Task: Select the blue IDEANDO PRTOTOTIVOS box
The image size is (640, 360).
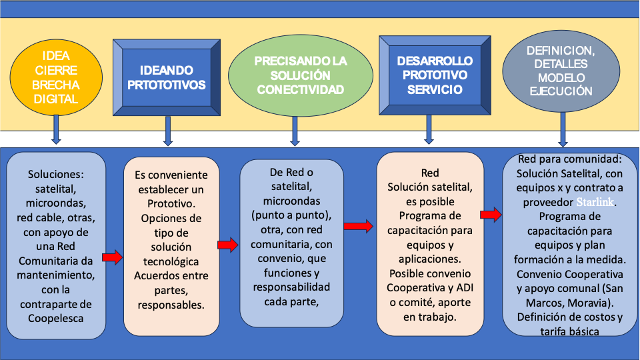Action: click(167, 77)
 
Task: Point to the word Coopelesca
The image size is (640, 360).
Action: click(56, 318)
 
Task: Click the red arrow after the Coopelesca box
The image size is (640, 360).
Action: click(113, 257)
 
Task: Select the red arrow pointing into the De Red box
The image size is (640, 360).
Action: click(227, 245)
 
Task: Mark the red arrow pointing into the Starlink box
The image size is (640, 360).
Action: click(490, 215)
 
